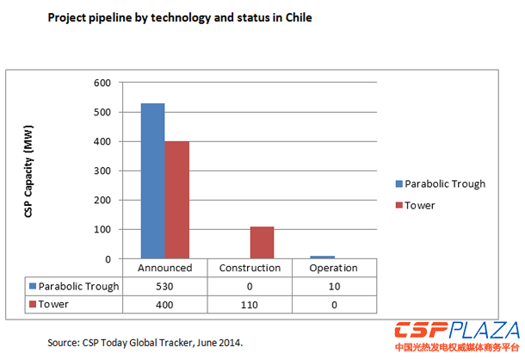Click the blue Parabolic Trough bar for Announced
click(x=152, y=181)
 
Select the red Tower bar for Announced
click(x=176, y=200)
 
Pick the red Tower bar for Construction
click(x=262, y=242)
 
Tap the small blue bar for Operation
click(x=323, y=257)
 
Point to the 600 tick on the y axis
click(x=102, y=84)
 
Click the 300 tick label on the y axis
click(x=102, y=171)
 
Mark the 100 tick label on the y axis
click(x=102, y=230)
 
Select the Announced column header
click(x=164, y=268)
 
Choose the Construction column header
click(x=250, y=268)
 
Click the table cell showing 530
click(x=164, y=286)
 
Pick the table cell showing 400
click(x=164, y=304)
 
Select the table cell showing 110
click(x=250, y=304)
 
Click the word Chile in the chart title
click(x=295, y=18)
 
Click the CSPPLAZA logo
click(x=457, y=334)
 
